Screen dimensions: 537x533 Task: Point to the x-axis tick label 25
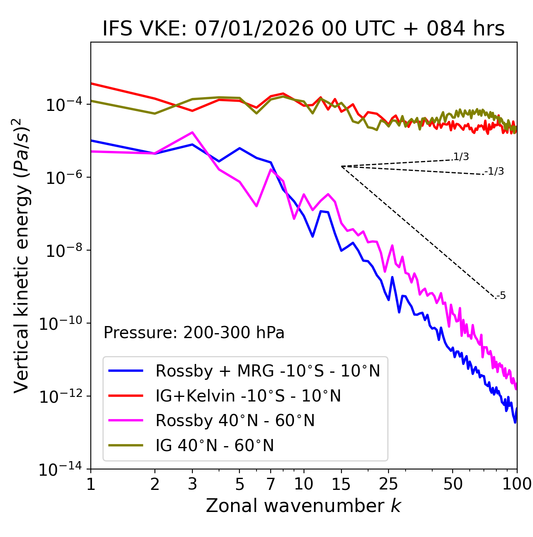pyautogui.click(x=389, y=484)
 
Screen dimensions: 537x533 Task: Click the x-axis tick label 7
pyautogui.click(x=271, y=484)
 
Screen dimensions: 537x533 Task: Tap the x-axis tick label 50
pyautogui.click(x=453, y=484)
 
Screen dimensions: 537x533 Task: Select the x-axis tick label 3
pyautogui.click(x=192, y=484)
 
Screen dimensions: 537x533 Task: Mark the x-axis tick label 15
pyautogui.click(x=341, y=484)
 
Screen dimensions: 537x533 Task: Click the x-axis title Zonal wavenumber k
pyautogui.click(x=304, y=506)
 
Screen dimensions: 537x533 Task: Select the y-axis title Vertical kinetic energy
pyautogui.click(x=22, y=255)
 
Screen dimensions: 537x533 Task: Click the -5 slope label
pyautogui.click(x=501, y=296)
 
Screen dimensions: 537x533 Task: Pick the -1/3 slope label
pyautogui.click(x=494, y=171)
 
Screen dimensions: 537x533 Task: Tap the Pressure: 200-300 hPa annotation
pyautogui.click(x=194, y=333)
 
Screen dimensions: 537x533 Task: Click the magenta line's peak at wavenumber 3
pyautogui.click(x=192, y=132)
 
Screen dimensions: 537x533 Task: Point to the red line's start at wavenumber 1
pyautogui.click(x=91, y=83)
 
